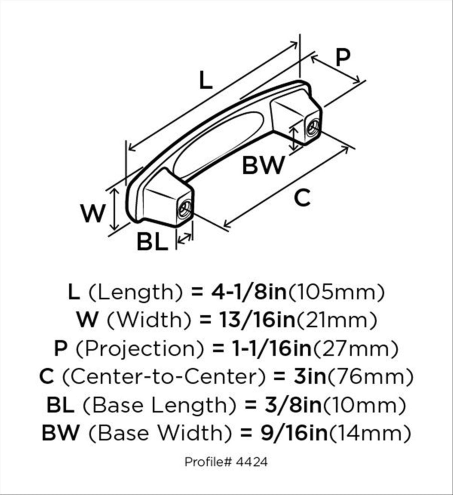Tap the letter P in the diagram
[343, 57]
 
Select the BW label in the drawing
[263, 165]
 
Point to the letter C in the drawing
[302, 198]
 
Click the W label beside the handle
[92, 213]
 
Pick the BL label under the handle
[152, 242]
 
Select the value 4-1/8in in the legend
[248, 292]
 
